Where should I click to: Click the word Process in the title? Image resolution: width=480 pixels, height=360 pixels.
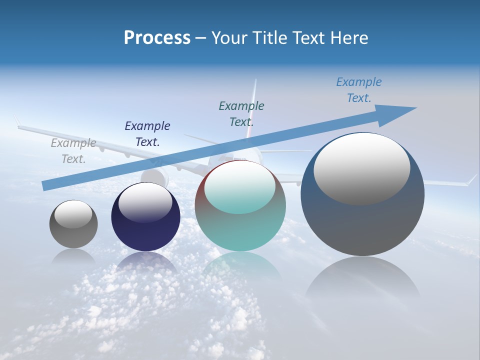point(157,38)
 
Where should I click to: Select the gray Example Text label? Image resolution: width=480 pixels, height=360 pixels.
point(73,151)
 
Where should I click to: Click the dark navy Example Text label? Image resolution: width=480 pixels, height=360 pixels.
point(147,133)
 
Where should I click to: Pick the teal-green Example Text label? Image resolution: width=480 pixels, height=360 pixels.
point(241,113)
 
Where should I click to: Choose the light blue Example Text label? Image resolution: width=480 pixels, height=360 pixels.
point(359,90)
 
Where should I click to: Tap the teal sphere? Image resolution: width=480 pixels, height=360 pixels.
point(240,230)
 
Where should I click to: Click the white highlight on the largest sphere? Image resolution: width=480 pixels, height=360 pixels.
point(362,168)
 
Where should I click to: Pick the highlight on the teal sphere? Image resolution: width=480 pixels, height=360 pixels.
point(240,186)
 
